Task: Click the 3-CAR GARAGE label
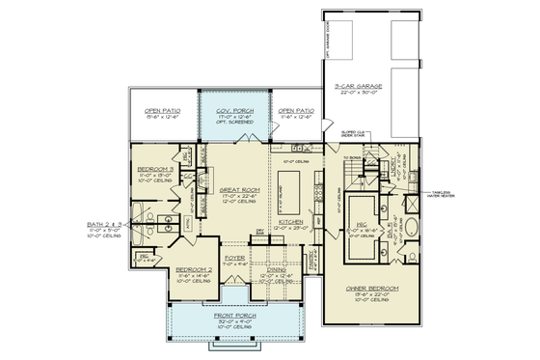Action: (358, 86)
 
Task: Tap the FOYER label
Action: (235, 258)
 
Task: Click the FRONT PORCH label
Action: (235, 315)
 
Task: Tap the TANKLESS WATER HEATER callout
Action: (450, 192)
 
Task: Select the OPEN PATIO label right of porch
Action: (295, 110)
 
